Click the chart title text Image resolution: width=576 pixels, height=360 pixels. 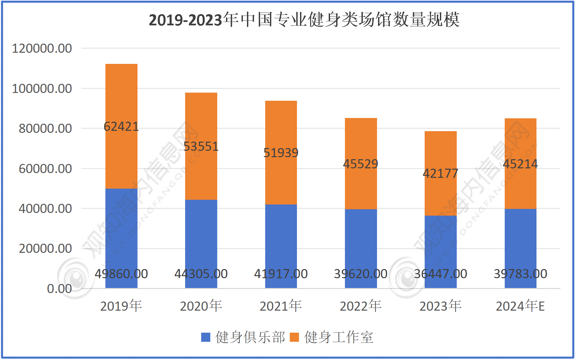coord(304,20)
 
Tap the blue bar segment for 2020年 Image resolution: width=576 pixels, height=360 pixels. coord(201,237)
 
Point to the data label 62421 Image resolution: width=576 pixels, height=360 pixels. coord(121,127)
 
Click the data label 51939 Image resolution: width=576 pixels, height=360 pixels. coord(281,153)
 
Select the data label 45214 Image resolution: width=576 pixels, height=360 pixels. coord(520,164)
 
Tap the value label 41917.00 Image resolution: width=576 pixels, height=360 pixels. coord(281,274)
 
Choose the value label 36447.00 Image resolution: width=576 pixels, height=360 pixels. coord(441,274)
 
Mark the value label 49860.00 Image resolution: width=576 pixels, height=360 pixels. coord(121,274)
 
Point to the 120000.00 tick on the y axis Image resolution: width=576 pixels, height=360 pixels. coord(42,48)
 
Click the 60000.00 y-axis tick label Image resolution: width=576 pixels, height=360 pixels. coord(45,169)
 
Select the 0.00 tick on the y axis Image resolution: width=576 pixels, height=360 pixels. coord(59,289)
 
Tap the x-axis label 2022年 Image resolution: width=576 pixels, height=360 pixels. coord(360,306)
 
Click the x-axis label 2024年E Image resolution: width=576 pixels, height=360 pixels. coord(520,306)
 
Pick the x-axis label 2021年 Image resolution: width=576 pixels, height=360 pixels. coord(281,306)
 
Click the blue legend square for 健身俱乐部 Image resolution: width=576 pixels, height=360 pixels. coord(206,337)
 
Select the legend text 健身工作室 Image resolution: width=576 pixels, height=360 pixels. coord(339,337)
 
